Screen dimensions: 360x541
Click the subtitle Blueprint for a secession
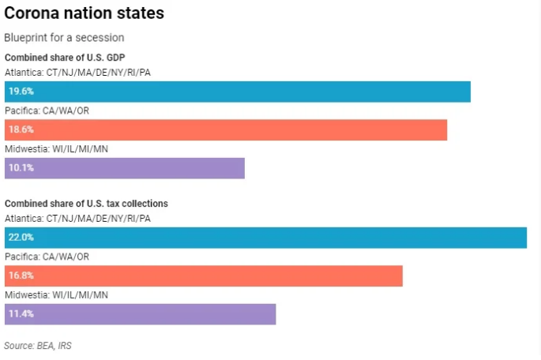coord(64,38)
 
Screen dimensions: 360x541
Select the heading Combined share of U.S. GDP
coord(65,58)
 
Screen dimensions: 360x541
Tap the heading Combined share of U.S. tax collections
coord(86,204)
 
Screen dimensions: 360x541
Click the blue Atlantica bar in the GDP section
coord(237,91)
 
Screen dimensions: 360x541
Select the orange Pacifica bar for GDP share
coord(225,129)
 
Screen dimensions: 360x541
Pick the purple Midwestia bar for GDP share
coord(125,167)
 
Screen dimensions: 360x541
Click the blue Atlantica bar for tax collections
coord(265,238)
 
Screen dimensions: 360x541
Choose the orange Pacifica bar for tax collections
coord(203,276)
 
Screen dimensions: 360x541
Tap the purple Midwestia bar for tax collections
coord(140,314)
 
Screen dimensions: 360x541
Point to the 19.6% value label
coord(21,91)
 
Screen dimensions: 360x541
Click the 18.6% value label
coord(21,129)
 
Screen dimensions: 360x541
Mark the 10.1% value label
coord(21,167)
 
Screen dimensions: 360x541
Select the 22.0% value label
coord(21,238)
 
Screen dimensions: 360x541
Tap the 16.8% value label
coord(21,276)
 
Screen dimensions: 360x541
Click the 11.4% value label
coord(21,314)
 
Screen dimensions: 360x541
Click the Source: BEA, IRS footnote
coord(43,346)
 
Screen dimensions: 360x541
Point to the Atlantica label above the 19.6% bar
coord(77,72)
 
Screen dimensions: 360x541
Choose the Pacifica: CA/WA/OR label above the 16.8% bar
coord(47,257)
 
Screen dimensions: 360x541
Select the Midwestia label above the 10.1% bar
coord(56,149)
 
